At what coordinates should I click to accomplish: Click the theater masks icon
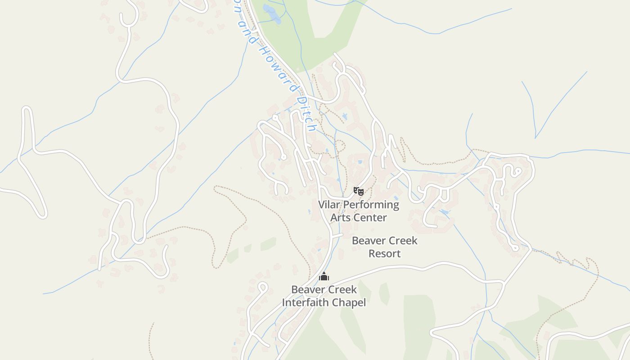tap(358, 191)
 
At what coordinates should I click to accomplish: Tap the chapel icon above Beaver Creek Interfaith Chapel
tap(324, 276)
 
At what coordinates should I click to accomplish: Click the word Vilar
tap(328, 205)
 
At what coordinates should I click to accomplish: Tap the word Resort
tap(384, 253)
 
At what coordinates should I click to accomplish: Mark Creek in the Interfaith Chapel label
tap(344, 289)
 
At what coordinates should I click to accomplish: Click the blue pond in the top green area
tap(271, 13)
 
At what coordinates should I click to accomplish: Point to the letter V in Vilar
tap(322, 205)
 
